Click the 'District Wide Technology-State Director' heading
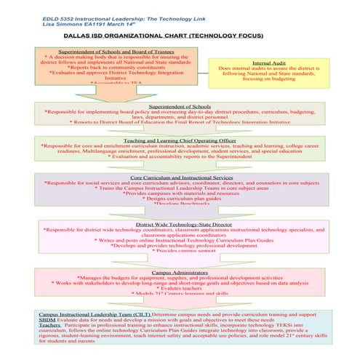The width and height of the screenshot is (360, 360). (181, 225)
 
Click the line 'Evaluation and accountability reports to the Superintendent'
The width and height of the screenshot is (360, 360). (180, 156)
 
